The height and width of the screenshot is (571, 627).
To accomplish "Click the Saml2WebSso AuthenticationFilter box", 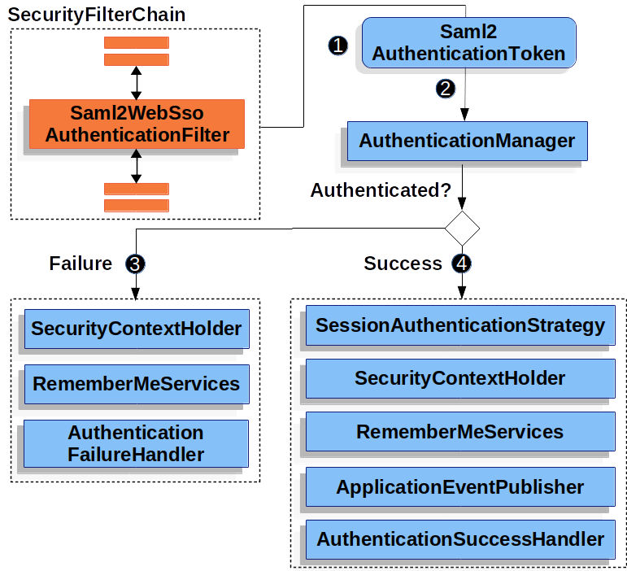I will pos(137,124).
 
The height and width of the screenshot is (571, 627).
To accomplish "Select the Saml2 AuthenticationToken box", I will pos(468,43).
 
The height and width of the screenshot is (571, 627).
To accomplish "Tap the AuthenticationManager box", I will pos(467,142).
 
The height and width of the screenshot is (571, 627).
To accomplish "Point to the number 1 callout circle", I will pos(337,45).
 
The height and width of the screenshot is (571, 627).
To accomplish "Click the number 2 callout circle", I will pos(445,89).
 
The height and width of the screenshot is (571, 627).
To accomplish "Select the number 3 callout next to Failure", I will pos(135,264).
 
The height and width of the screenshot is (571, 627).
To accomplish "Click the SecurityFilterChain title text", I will pos(96,15).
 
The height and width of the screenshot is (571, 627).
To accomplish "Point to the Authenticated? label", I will pos(381,190).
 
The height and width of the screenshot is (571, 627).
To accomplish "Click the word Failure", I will pos(81,264).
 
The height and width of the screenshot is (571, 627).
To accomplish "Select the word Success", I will pos(403,264).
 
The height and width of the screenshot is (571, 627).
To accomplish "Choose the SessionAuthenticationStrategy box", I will pos(460,326).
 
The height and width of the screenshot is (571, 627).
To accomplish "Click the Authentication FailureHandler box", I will pos(136,443).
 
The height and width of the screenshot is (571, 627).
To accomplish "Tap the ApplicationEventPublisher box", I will pos(460,487).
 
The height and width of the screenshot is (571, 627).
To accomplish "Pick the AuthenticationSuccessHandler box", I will pos(460,539).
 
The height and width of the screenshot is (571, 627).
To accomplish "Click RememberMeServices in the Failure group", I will pos(136,384).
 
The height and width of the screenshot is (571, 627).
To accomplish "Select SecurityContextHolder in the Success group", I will pos(460,378).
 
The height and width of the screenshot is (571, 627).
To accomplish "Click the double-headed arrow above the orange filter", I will pos(136,82).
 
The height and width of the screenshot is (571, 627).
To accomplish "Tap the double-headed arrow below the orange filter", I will pos(136,166).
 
